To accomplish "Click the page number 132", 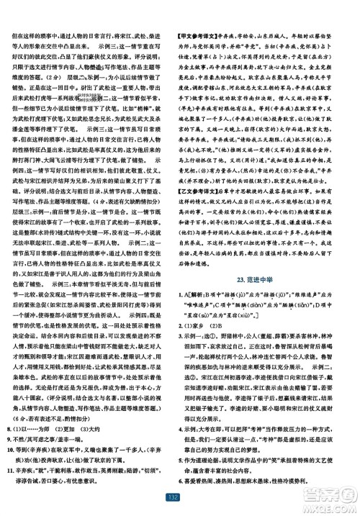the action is click(180, 497).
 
